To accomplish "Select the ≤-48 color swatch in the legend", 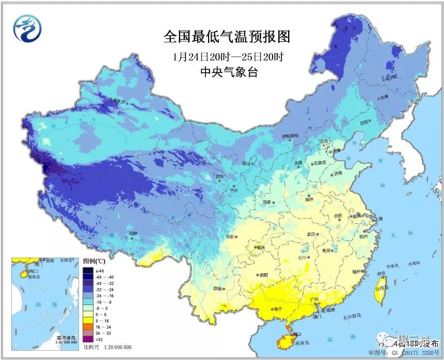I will click(x=87, y=271).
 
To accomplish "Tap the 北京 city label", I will click(x=324, y=140).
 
